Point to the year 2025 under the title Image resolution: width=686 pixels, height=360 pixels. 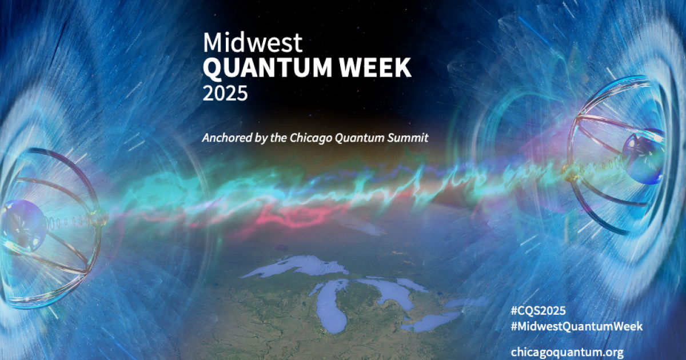point(225,93)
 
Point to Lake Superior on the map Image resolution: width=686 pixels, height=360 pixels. point(297,266)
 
